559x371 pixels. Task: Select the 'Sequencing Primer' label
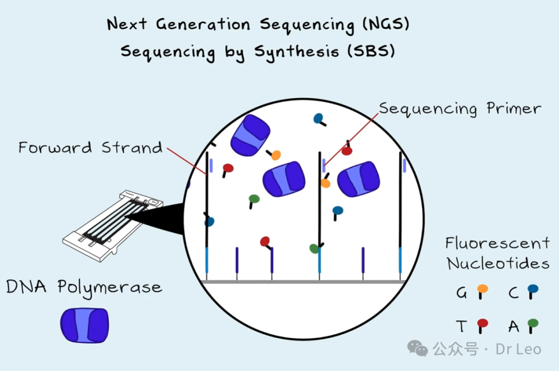tap(460, 109)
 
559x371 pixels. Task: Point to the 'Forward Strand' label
tap(91, 148)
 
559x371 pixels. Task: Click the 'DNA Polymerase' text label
tap(84, 287)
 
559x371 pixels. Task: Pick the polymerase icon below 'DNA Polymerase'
tap(84, 325)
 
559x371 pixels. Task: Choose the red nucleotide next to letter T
tap(482, 324)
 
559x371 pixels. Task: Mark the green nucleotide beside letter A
tap(533, 324)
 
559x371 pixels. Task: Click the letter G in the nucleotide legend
tap(461, 293)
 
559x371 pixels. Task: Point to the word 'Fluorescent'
tap(497, 243)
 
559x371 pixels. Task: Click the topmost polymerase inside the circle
tap(249, 135)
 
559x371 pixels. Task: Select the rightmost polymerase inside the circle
tap(358, 179)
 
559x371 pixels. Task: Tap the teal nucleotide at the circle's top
tap(318, 118)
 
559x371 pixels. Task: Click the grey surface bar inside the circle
tap(303, 282)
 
